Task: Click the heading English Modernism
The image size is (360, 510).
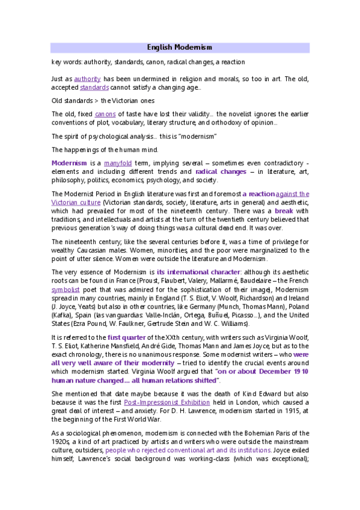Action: [180, 47]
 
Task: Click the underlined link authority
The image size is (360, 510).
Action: [87, 79]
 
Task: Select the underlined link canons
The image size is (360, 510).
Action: [105, 114]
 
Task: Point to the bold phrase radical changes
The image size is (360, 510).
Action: [221, 171]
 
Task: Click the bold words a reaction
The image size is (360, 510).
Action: [259, 194]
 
